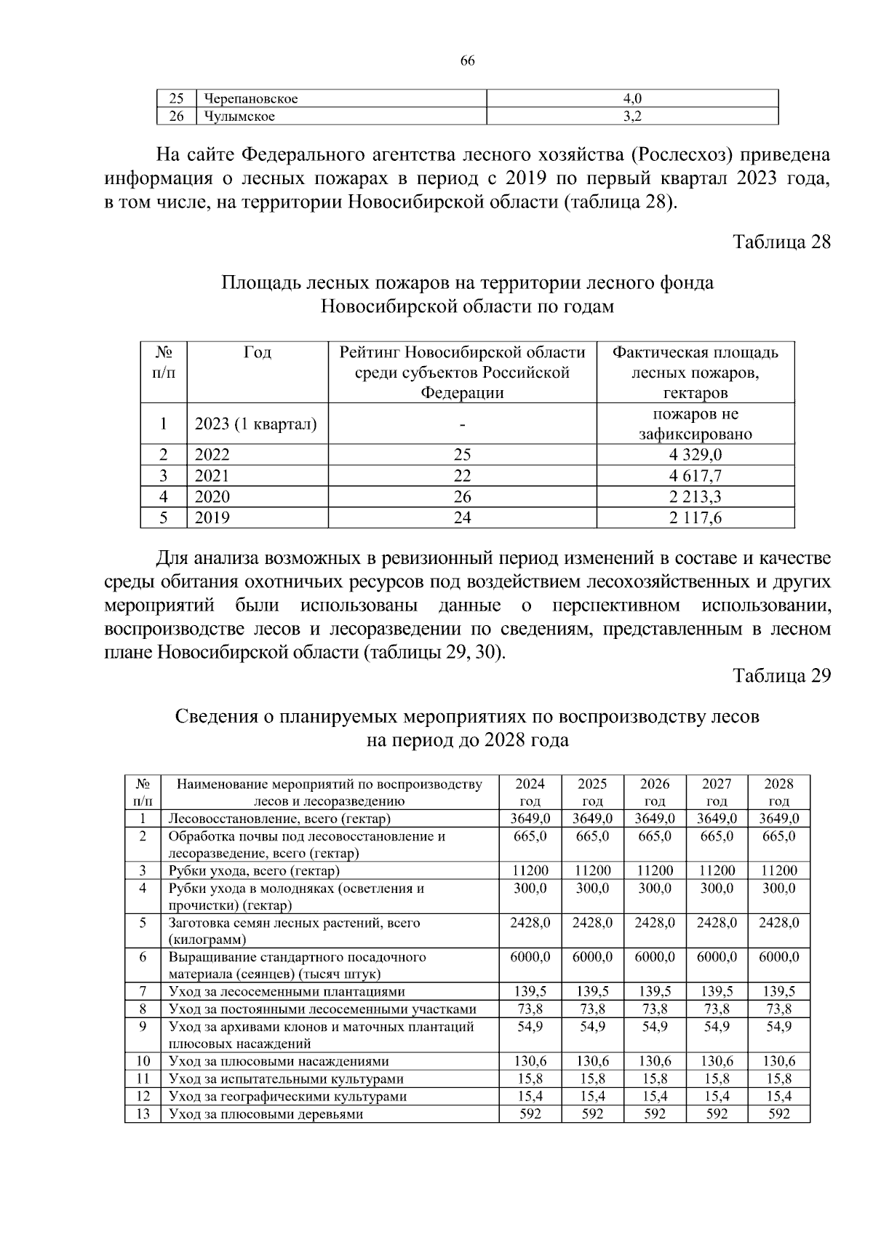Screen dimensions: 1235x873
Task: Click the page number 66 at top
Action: [467, 61]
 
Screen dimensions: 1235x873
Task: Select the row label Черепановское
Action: [251, 98]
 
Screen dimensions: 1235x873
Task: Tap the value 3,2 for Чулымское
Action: [632, 116]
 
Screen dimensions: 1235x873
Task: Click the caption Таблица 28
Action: [781, 242]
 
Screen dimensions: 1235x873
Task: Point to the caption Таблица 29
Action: [781, 675]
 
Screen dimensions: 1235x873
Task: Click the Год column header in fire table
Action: [258, 353]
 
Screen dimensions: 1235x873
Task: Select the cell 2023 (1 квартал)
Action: [255, 424]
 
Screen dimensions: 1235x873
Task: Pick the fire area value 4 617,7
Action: [695, 476]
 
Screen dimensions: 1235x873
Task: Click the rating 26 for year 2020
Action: [462, 497]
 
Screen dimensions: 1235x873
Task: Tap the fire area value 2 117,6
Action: [695, 518]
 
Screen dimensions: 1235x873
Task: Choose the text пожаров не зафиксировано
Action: [695, 424]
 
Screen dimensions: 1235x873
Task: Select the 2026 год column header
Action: [655, 793]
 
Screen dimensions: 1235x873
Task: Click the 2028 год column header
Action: [778, 793]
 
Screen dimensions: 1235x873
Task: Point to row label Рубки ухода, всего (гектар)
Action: [254, 870]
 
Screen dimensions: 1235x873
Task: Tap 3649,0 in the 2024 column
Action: [530, 818]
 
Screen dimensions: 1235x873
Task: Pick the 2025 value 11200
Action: [593, 870]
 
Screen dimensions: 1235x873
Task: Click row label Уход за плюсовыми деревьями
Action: [266, 1114]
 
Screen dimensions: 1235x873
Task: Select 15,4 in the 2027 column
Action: [717, 1097]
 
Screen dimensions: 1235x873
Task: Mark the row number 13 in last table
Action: [143, 1114]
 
